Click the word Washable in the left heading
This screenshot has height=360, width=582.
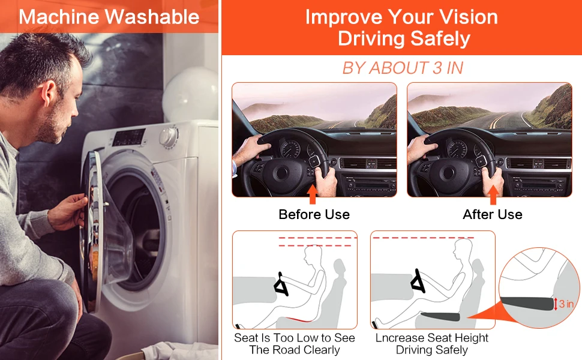pyautogui.click(x=152, y=17)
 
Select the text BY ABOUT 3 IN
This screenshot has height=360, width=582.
pyautogui.click(x=403, y=68)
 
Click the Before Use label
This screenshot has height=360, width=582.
pyautogui.click(x=314, y=215)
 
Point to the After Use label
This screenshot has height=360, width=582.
pyautogui.click(x=493, y=215)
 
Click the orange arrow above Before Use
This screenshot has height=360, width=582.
pyautogui.click(x=313, y=194)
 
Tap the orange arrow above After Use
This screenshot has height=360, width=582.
pyautogui.click(x=493, y=194)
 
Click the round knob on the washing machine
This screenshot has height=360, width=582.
pyautogui.click(x=168, y=136)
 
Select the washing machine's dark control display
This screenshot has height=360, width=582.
pyautogui.click(x=129, y=137)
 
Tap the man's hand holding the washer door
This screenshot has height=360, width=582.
pyautogui.click(x=68, y=212)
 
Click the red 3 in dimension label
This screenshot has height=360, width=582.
pyautogui.click(x=564, y=304)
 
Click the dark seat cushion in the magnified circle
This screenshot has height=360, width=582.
pyautogui.click(x=527, y=303)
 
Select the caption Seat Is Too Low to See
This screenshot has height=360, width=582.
pyautogui.click(x=295, y=338)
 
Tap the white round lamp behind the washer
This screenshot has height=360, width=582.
pyautogui.click(x=190, y=95)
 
